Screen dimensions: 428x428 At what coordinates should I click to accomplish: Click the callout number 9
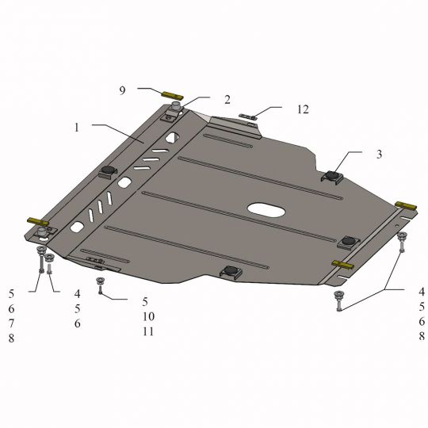122,90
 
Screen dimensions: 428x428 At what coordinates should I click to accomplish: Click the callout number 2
227,100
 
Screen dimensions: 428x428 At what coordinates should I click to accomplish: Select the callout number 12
303,109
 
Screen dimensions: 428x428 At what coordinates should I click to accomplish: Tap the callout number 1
77,128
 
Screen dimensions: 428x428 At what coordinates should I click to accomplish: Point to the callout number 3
379,155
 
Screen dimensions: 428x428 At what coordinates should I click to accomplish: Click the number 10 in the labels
148,316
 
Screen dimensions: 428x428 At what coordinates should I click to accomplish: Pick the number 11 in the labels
148,331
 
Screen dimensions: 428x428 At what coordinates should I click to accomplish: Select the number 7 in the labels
11,323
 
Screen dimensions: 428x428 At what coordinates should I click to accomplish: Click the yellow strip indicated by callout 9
173,96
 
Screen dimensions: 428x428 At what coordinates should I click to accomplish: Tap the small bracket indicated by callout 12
248,117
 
